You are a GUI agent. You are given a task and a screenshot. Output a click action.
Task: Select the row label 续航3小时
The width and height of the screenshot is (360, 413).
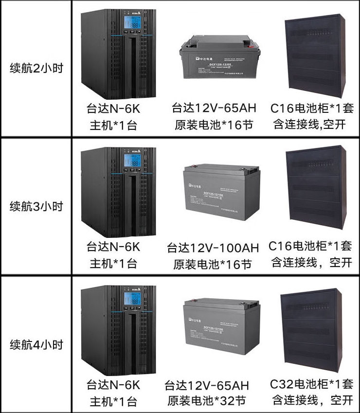pos(36,206)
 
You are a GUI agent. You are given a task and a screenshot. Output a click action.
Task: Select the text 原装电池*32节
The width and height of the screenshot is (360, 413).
pos(207,401)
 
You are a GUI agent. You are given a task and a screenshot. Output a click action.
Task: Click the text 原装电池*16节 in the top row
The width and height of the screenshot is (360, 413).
pos(214,125)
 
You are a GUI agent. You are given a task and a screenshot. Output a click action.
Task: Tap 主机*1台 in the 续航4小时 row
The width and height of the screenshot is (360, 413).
pos(113,402)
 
